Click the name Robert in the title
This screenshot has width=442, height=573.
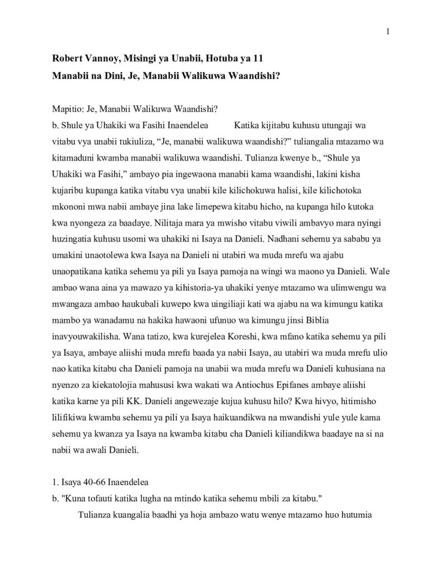[x=68, y=58]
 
